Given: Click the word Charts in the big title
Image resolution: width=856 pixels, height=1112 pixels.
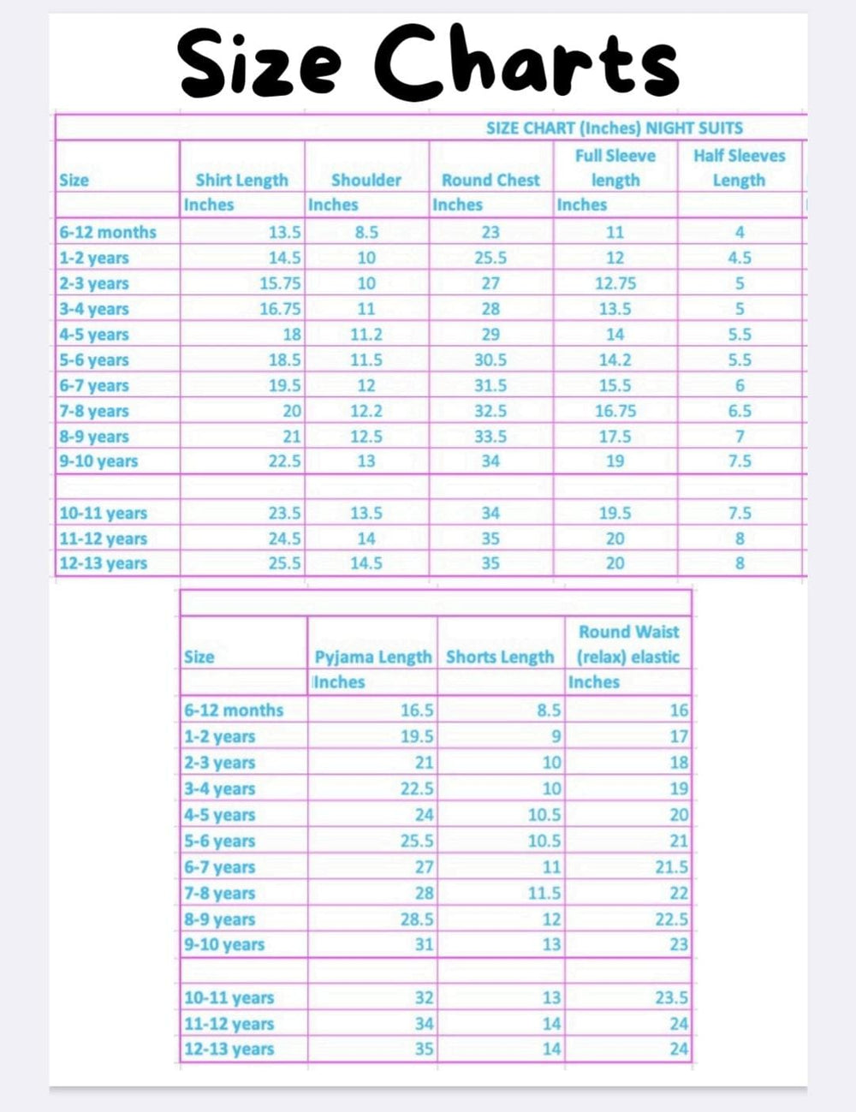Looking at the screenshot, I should pyautogui.click(x=526, y=62).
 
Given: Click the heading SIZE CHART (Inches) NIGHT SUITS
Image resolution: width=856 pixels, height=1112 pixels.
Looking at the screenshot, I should pyautogui.click(x=614, y=128).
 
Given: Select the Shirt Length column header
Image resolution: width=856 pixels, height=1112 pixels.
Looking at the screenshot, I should pyautogui.click(x=241, y=181).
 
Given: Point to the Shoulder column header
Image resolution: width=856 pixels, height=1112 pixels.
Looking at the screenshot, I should pyautogui.click(x=366, y=181).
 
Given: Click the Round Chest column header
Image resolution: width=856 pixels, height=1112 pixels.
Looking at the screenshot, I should pyautogui.click(x=490, y=181).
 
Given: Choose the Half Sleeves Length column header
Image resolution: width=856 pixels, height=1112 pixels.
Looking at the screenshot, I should pyautogui.click(x=739, y=168).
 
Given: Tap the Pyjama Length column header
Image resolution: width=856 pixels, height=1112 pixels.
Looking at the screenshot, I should pyautogui.click(x=373, y=657).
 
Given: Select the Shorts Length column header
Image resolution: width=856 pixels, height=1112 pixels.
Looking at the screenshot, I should pyautogui.click(x=500, y=657).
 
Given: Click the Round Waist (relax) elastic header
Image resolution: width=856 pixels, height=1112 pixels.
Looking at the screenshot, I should pyautogui.click(x=628, y=645).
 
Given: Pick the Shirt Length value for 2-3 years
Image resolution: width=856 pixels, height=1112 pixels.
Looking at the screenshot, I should pyautogui.click(x=280, y=283).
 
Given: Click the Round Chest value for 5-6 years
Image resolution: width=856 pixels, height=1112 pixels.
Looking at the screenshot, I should pyautogui.click(x=490, y=360).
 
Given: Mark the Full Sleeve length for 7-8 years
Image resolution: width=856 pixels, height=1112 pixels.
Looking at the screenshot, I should pyautogui.click(x=615, y=412).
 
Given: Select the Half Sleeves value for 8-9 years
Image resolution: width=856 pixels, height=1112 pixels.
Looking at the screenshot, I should pyautogui.click(x=740, y=437).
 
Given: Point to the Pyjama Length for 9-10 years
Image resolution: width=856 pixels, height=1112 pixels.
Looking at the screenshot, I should pyautogui.click(x=424, y=945).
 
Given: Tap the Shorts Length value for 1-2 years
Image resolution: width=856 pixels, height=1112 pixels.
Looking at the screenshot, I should pyautogui.click(x=556, y=736).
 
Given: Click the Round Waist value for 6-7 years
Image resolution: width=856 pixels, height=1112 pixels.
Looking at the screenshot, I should pyautogui.click(x=671, y=867).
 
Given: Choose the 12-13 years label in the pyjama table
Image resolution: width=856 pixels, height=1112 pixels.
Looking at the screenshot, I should pyautogui.click(x=229, y=1050).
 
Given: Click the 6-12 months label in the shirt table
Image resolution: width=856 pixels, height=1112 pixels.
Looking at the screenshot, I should pyautogui.click(x=108, y=232).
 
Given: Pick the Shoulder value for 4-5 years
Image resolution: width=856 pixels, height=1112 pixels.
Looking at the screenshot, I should pyautogui.click(x=366, y=335).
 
